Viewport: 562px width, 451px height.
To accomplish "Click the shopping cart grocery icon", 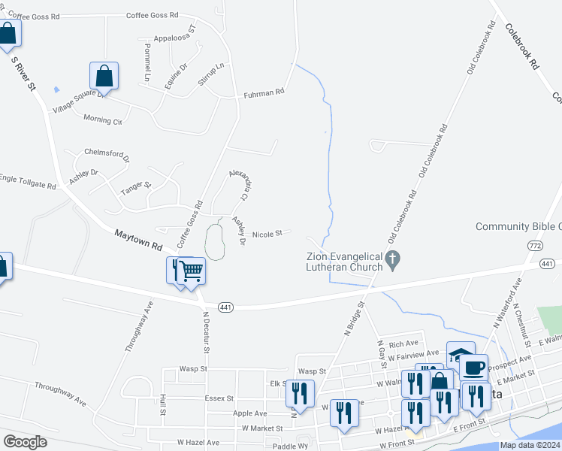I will (x=192, y=270).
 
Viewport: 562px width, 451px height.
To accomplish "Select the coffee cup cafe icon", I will (x=473, y=368).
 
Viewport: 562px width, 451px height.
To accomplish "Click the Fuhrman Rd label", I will (x=264, y=93).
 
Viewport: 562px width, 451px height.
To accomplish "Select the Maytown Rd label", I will (x=138, y=241).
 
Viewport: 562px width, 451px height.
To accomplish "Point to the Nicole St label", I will (x=267, y=233).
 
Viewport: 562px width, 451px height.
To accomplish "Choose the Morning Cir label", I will (x=102, y=120).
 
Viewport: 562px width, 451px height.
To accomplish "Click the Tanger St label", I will (x=136, y=186).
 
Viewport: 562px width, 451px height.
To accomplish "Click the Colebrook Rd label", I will (x=522, y=47).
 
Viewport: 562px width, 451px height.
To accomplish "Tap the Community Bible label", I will (x=518, y=226).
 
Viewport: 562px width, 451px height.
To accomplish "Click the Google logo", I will (x=25, y=442).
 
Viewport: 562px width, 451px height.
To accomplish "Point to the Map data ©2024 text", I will (x=530, y=445).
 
